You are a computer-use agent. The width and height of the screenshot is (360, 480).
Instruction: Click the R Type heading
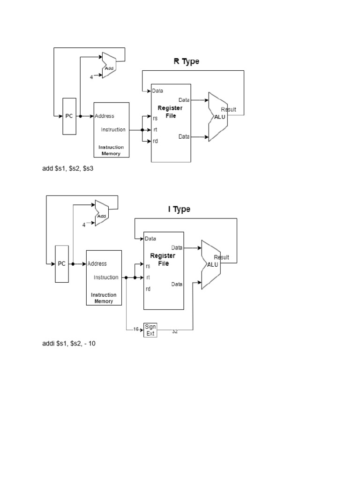pos(186,61)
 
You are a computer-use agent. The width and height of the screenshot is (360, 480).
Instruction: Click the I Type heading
pos(179,210)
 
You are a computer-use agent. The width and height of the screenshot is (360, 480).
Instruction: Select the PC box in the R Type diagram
pos(69,116)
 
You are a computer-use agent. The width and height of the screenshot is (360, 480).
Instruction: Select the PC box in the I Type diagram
pos(62,264)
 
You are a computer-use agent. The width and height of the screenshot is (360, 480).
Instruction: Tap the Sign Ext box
pos(150,330)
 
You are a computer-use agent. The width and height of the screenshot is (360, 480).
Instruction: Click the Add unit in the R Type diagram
pos(109,65)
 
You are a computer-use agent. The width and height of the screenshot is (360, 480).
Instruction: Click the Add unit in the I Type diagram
pos(102,213)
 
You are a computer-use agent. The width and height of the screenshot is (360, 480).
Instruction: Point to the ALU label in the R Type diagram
pos(219,117)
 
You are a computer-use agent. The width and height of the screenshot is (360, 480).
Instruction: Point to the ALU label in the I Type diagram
pos(212,265)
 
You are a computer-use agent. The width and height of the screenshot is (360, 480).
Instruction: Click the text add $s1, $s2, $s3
pos(67,168)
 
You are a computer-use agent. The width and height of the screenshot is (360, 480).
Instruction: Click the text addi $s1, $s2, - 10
pos(69,344)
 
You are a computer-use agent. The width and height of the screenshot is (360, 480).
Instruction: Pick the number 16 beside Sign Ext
pos(136,329)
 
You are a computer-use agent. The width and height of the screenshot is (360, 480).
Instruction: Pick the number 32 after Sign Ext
pos(175,331)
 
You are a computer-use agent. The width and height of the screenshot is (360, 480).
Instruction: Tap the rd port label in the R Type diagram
pos(155,141)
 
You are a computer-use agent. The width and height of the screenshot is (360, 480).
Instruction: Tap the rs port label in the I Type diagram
pos(148,266)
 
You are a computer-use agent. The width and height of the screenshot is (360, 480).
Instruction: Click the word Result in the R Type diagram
pos(228,110)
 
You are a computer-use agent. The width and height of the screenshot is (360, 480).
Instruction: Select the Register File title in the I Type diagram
pos(163,260)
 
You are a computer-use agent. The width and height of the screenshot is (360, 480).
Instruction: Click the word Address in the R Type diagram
pos(105,116)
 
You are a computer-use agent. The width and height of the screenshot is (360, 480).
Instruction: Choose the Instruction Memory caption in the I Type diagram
pos(104,298)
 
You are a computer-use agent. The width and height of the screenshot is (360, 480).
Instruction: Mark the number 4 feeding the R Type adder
pos(91,77)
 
